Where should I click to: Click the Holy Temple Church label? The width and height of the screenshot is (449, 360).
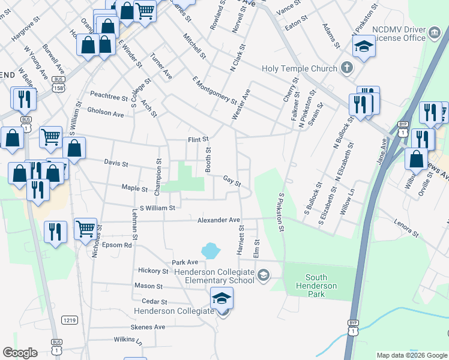coord(300,68)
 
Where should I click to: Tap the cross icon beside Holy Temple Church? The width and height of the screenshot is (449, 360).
coord(346,67)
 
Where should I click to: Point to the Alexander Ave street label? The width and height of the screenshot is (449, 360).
coord(219,220)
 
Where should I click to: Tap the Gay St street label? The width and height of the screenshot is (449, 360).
coord(232,179)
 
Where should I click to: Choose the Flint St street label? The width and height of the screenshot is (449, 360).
coord(198,139)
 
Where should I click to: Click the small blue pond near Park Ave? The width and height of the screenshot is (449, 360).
coord(209,250)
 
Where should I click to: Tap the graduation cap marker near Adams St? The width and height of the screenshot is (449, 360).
coord(364,46)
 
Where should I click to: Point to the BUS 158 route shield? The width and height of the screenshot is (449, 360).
coord(58,83)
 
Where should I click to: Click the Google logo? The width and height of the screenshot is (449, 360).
coord(20,353)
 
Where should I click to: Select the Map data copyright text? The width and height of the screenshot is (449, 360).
coord(411,355)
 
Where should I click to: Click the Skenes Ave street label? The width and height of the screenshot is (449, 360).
coord(148,327)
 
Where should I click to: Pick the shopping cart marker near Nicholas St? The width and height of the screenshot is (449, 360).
coord(86,228)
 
